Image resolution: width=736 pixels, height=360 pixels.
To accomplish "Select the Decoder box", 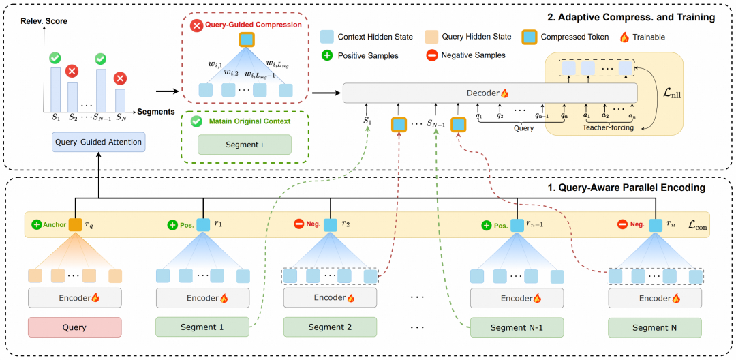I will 489,93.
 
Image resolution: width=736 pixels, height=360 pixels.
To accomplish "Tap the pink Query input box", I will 74,327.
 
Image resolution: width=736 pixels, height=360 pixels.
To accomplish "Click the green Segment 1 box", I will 202,327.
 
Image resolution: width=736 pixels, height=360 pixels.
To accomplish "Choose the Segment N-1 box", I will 518,327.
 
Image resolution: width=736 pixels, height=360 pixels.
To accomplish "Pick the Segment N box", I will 654,327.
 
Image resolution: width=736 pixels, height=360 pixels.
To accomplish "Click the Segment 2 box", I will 330,327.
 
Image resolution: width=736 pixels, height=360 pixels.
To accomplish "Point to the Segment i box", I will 244,145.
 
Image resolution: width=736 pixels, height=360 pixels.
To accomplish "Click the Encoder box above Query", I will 74,298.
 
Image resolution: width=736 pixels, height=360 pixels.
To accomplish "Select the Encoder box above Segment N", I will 654,298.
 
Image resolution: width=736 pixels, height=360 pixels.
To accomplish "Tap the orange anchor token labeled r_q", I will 74,224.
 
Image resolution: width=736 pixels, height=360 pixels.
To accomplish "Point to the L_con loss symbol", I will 696,224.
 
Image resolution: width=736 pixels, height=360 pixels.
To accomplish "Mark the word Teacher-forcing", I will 608,126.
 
